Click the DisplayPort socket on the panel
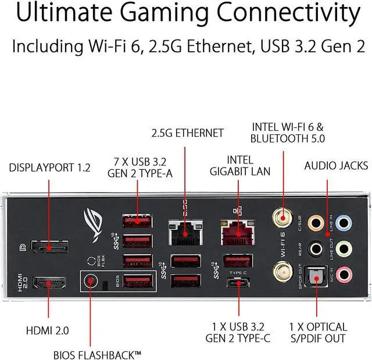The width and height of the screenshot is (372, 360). point(49,248)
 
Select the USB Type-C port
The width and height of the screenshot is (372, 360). point(237,284)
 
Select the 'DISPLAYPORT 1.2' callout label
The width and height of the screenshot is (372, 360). point(50,168)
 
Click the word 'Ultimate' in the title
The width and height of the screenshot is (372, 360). point(66,14)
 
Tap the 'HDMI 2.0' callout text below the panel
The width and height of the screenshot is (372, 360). point(48,330)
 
